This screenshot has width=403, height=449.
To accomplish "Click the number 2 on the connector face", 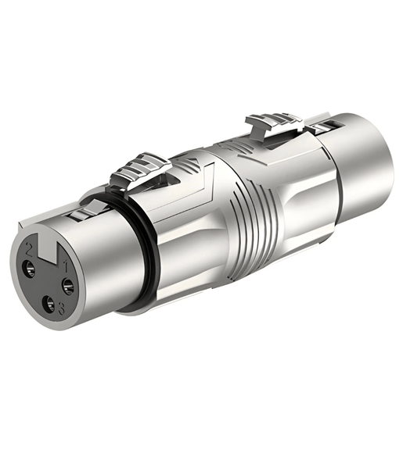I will (x=30, y=251).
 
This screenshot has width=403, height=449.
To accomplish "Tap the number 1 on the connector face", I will (x=68, y=265).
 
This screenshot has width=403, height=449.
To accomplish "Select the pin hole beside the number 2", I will (x=30, y=269).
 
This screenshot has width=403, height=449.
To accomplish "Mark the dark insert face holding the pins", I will (x=47, y=281).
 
